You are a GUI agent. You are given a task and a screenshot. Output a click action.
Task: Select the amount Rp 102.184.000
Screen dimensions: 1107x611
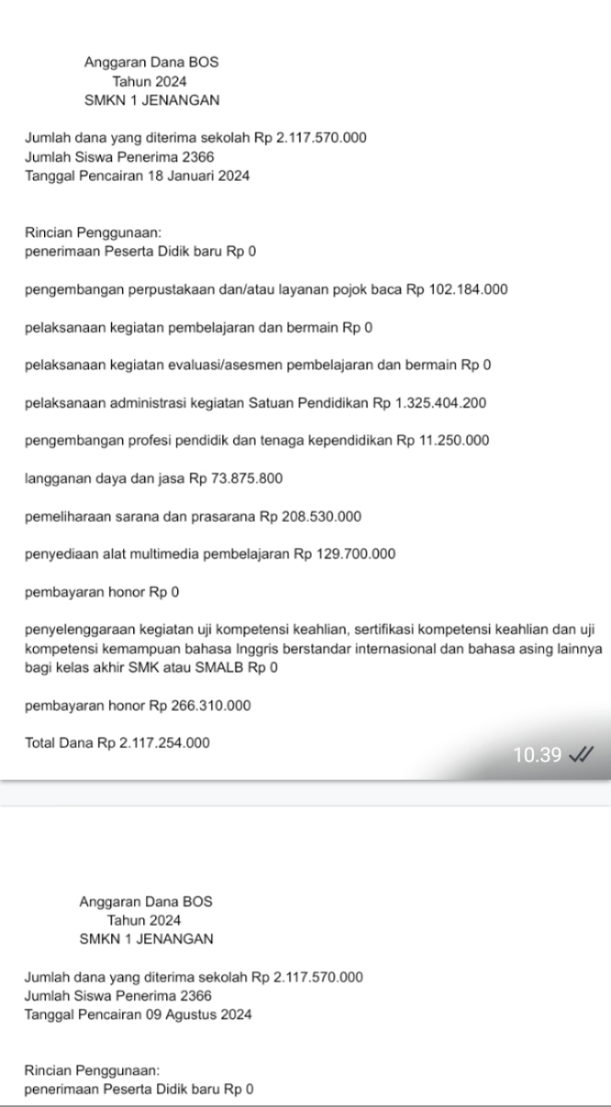click(480, 291)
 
